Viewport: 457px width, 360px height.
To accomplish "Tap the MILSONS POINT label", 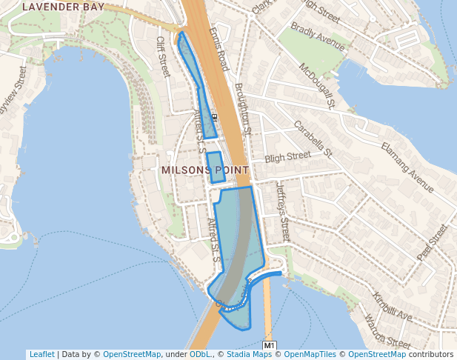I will tap(204, 170).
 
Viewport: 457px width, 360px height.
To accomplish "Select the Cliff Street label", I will tap(163, 56).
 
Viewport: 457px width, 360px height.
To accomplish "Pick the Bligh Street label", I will tap(288, 157).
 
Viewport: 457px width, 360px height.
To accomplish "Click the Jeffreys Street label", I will tap(281, 211).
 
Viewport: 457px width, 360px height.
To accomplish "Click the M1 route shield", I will tap(270, 346).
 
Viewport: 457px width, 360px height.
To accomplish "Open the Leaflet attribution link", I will tap(41, 354).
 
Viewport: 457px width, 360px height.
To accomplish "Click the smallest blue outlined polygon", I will tap(215, 167).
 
